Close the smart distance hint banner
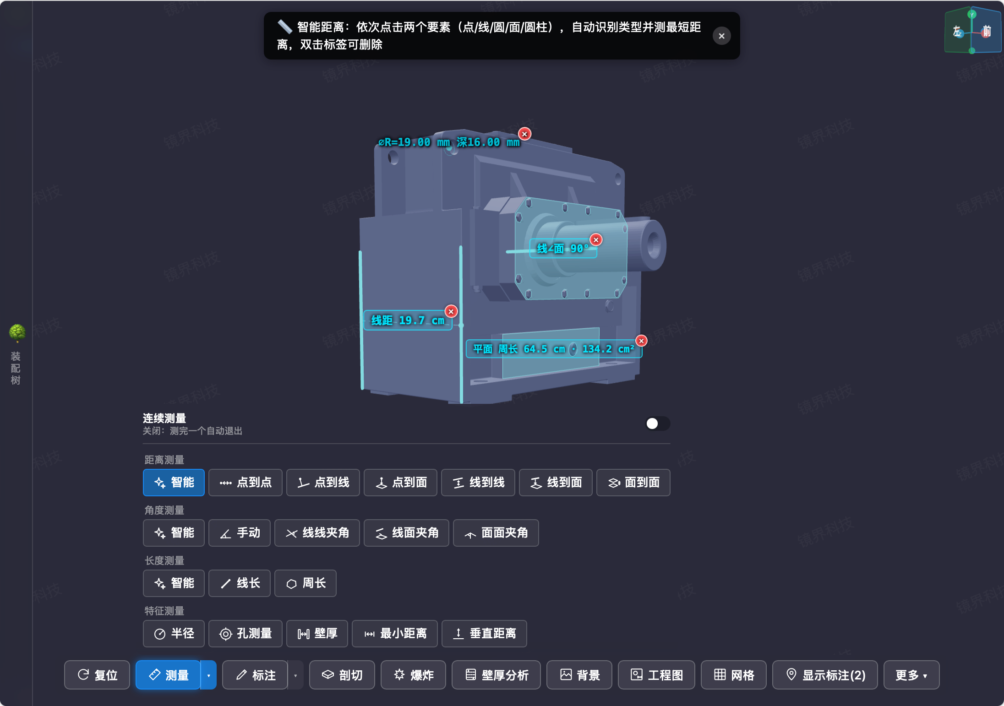[x=721, y=36]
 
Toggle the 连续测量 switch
[x=657, y=424]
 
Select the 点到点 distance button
[x=245, y=483]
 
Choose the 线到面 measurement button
[x=556, y=483]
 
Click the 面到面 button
[x=633, y=483]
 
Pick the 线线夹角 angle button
[x=317, y=533]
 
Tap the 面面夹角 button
[x=496, y=533]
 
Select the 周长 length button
[x=306, y=583]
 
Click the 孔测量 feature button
[x=245, y=634]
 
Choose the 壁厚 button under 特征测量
[x=317, y=634]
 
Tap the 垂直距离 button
[x=484, y=634]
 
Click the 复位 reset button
[x=97, y=675]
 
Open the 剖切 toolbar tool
[x=342, y=675]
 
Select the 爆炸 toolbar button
[x=413, y=675]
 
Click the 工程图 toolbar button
[x=656, y=675]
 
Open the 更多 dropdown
[x=911, y=675]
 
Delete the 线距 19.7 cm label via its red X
[x=451, y=311]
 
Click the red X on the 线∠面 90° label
[x=596, y=239]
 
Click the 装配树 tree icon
[x=17, y=333]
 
